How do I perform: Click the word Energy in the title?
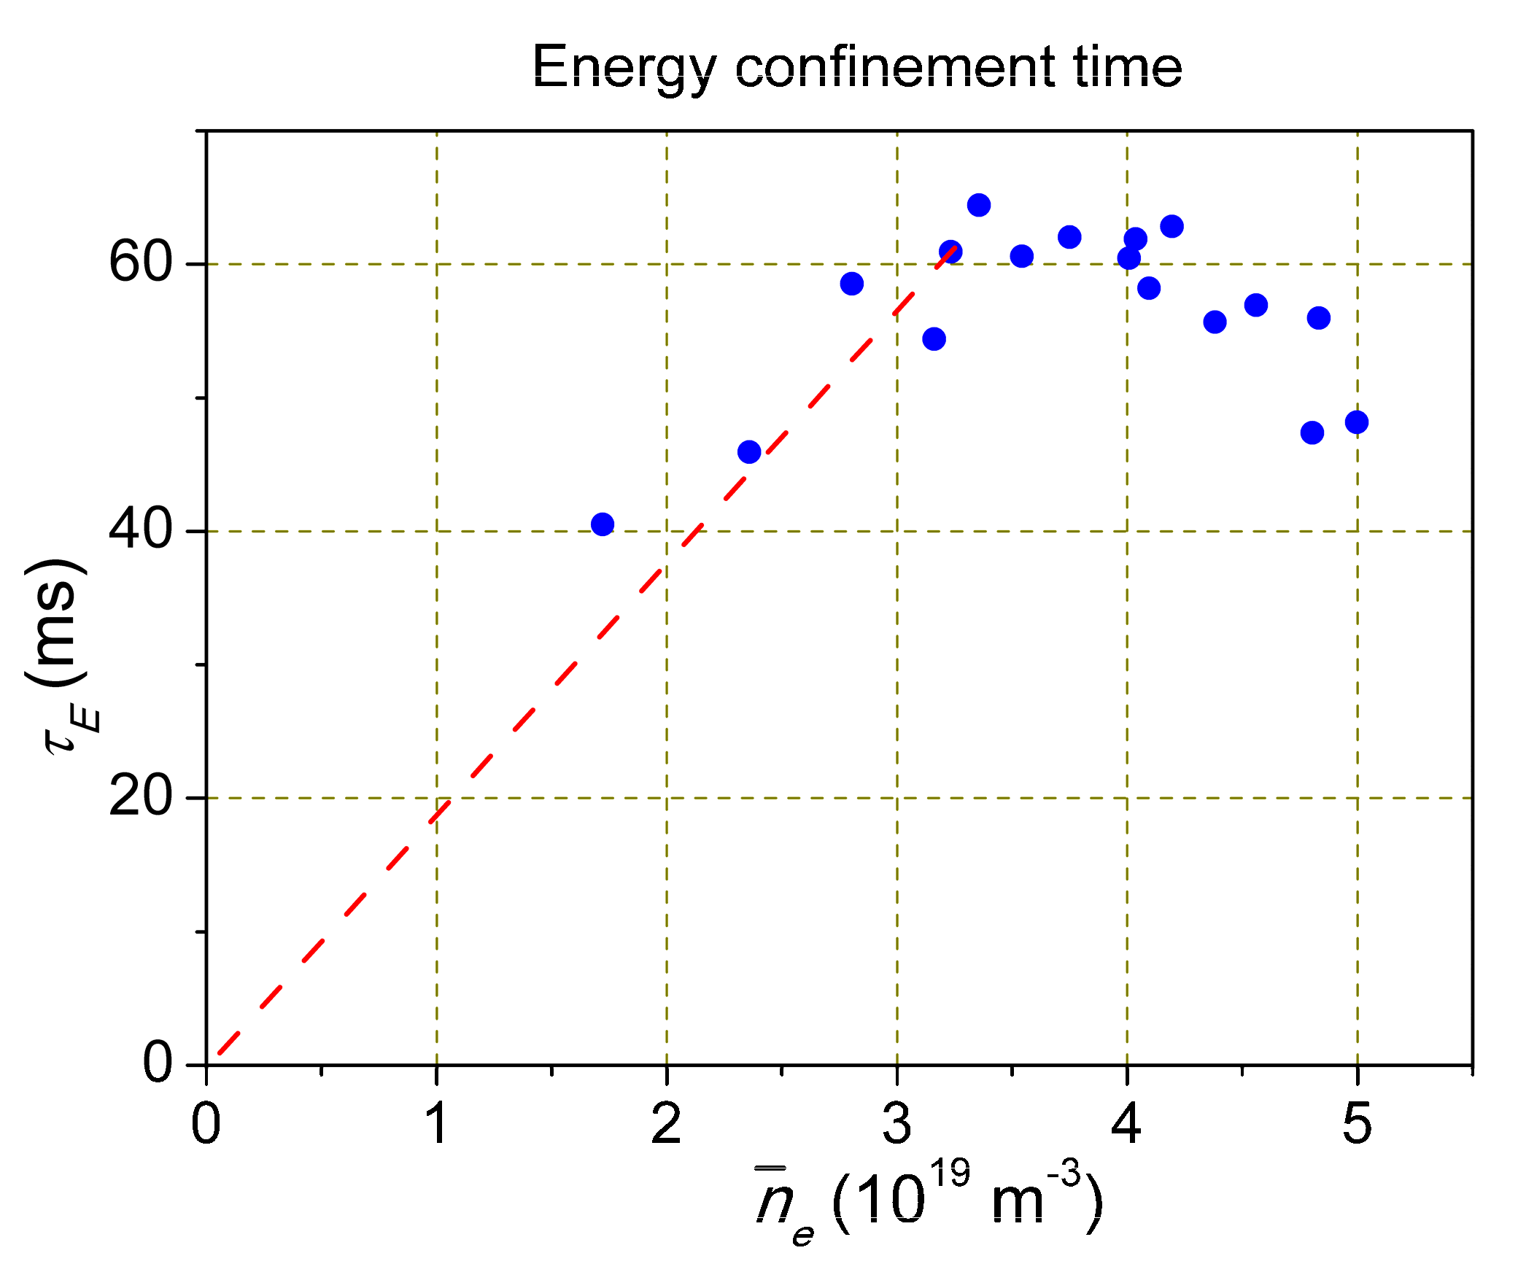click(624, 68)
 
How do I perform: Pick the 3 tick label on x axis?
click(897, 1124)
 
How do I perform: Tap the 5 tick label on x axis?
click(1357, 1124)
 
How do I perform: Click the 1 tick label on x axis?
click(436, 1124)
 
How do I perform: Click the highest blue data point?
click(979, 205)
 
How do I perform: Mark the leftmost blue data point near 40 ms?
click(603, 524)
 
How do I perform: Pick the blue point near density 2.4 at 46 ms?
click(749, 452)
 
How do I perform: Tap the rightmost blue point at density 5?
click(1357, 422)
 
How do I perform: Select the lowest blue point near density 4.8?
click(1312, 433)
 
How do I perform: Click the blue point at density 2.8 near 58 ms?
click(852, 284)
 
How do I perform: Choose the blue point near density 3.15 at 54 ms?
click(934, 338)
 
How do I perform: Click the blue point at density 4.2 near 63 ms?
click(1172, 226)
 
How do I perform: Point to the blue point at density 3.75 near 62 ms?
click(1069, 237)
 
